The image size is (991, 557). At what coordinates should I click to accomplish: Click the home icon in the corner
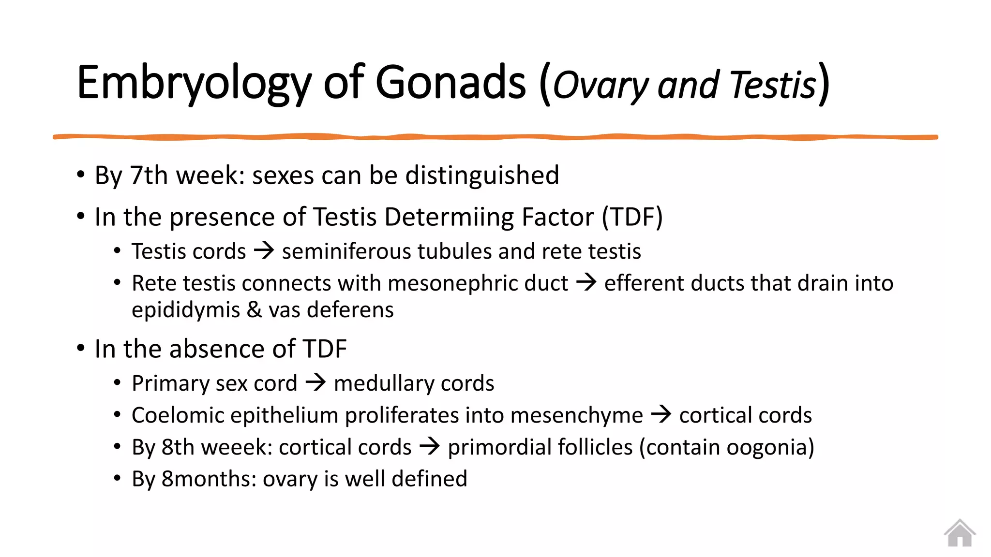pos(960,533)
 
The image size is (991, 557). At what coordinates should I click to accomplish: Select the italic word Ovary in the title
pos(600,85)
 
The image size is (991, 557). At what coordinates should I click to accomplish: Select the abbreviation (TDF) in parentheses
pos(632,217)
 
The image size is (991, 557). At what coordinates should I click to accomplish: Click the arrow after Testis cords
pos(264,251)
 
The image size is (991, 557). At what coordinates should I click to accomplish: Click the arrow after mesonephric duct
pos(586,282)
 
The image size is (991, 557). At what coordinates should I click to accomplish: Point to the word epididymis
pos(186,310)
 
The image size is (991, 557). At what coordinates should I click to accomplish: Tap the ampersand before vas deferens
pos(254,309)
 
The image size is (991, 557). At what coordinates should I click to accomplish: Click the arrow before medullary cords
pos(316,383)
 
